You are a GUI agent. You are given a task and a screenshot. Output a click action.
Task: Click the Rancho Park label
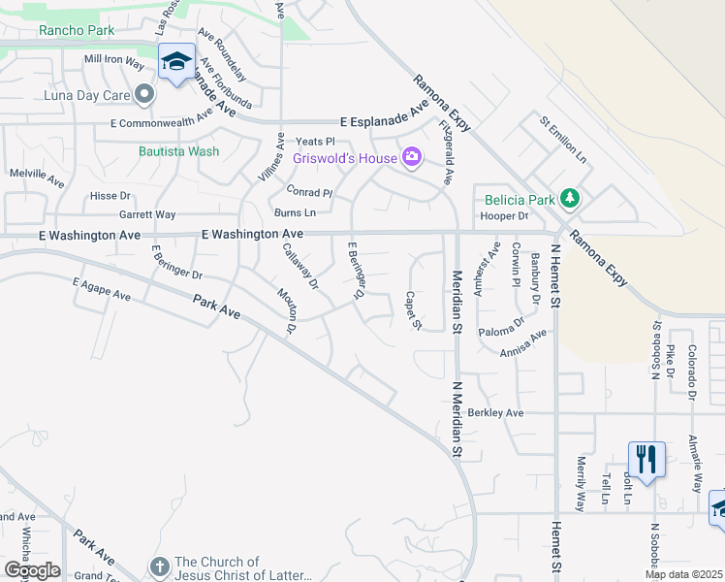(x=78, y=30)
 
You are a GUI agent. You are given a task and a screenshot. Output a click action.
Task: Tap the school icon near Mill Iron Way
(x=176, y=62)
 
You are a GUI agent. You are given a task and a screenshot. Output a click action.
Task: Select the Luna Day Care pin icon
(x=145, y=94)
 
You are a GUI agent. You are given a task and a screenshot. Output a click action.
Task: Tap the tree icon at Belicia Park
(x=570, y=199)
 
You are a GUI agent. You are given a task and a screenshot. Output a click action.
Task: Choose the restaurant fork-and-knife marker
(x=646, y=458)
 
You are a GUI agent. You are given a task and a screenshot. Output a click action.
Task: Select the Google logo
(x=31, y=570)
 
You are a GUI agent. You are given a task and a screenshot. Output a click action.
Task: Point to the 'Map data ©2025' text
(x=683, y=574)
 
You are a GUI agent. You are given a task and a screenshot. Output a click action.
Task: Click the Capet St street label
(x=412, y=309)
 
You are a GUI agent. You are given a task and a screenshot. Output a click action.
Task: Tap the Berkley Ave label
(x=495, y=412)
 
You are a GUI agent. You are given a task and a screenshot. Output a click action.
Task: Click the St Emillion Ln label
(x=564, y=141)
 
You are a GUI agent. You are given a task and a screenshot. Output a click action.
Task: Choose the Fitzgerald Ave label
(x=447, y=152)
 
